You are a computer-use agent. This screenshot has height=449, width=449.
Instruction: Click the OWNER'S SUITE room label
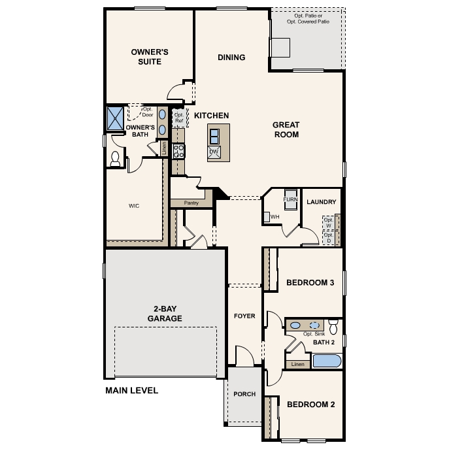[x=150, y=57]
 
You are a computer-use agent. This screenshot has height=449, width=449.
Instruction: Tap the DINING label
[x=231, y=58]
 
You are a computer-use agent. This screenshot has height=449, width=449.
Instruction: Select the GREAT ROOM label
[x=286, y=129]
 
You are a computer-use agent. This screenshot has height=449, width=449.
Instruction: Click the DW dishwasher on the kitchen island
[x=214, y=152]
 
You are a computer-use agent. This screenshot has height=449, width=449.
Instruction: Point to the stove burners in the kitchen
[x=178, y=151]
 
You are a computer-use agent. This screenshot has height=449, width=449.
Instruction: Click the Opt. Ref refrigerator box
[x=179, y=118]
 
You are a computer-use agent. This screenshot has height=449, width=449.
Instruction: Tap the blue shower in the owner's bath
[x=115, y=118]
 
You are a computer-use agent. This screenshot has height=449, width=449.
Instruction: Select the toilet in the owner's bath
[x=115, y=159]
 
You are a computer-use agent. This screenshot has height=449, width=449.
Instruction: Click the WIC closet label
[x=134, y=206]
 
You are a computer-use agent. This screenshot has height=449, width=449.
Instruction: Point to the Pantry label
[x=191, y=203]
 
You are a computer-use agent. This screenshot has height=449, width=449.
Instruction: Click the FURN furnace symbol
[x=290, y=199]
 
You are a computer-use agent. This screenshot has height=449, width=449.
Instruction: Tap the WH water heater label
[x=274, y=217]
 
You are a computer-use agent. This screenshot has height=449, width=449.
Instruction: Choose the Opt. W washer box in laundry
[x=329, y=223]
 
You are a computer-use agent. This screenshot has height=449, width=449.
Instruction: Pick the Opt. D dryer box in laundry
[x=329, y=238]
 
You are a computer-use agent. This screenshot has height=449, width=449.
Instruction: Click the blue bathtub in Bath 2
[x=327, y=361]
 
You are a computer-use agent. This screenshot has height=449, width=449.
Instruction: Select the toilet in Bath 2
[x=333, y=327]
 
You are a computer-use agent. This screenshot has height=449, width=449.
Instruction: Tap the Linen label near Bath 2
[x=298, y=364]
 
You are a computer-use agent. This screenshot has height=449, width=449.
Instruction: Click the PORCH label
[x=244, y=394]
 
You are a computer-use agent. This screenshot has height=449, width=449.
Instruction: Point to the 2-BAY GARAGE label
[x=165, y=314]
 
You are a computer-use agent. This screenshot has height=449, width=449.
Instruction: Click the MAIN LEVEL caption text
[x=132, y=391]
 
